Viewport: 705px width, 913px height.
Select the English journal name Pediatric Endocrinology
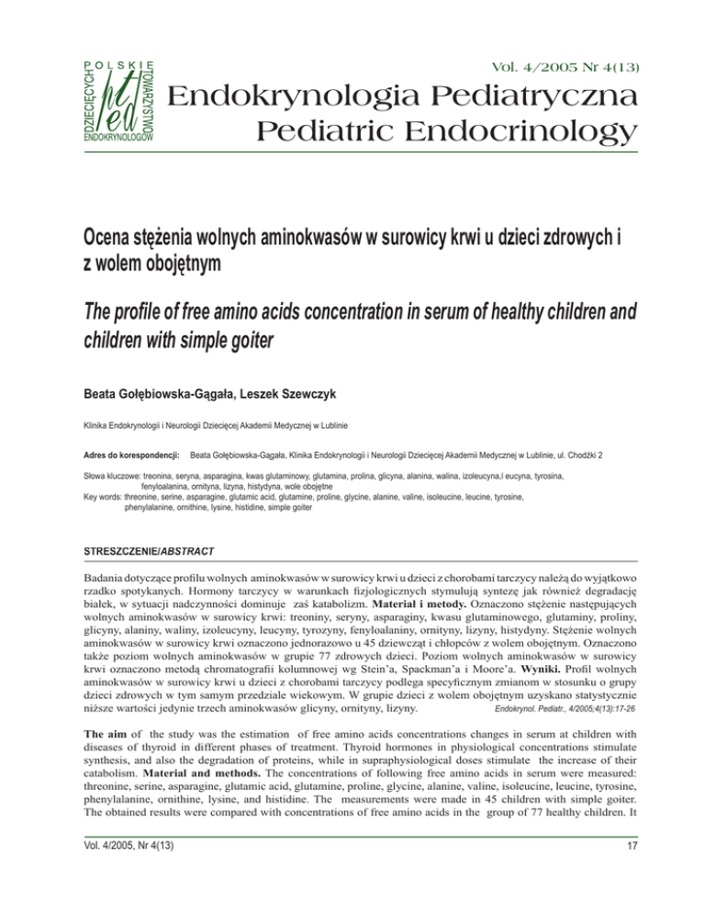click(x=435, y=134)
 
